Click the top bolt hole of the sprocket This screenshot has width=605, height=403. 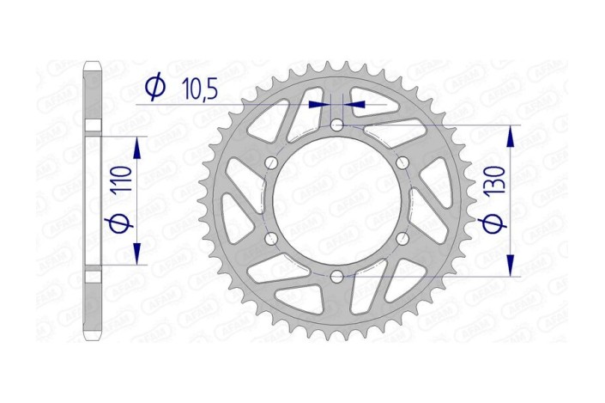[336, 125]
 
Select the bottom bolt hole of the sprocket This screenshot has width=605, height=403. [336, 276]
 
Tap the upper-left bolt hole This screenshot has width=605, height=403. [271, 163]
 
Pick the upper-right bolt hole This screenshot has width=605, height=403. [402, 163]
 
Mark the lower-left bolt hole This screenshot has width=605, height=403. [271, 238]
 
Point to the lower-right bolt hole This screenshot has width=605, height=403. [402, 238]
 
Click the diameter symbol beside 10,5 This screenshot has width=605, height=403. [155, 88]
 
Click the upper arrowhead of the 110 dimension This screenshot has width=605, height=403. [136, 140]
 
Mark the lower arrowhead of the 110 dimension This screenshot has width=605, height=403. [136, 258]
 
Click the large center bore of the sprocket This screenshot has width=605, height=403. [336, 201]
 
